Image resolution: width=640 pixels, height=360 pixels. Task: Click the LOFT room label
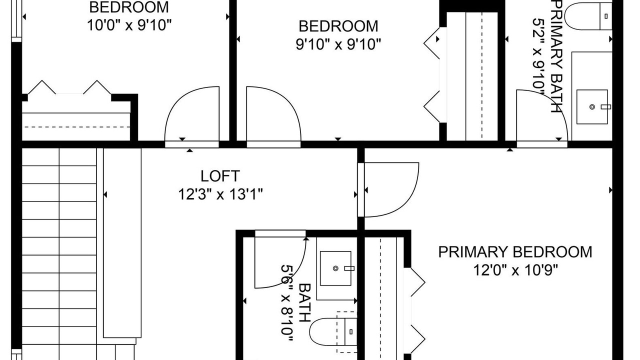(220, 176)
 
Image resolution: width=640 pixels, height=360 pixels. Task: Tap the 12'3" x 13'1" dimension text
(220, 194)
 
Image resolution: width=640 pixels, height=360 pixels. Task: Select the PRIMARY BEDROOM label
(515, 252)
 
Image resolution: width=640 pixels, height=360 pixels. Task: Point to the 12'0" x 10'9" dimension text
(515, 270)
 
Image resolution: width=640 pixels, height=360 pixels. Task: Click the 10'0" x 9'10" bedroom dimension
(129, 25)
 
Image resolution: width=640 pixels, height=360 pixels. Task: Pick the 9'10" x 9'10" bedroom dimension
(338, 44)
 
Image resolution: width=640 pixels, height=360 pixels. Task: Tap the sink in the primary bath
(592, 107)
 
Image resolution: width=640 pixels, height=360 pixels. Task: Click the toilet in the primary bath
(588, 16)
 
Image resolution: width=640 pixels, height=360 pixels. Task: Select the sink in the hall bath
(335, 268)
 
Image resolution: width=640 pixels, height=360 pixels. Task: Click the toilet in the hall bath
(333, 331)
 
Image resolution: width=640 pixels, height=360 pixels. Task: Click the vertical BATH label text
(305, 302)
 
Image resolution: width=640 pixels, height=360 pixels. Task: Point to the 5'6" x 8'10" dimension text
(287, 302)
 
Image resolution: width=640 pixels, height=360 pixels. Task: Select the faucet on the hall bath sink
(349, 268)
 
